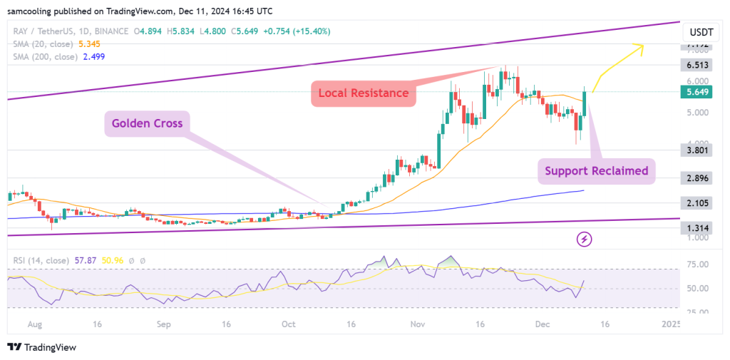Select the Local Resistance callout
(x=363, y=93)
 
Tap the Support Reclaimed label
(x=596, y=170)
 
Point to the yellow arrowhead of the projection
(x=641, y=48)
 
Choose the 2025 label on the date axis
(x=669, y=324)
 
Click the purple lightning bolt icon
(x=585, y=238)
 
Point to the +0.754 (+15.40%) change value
(x=298, y=31)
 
